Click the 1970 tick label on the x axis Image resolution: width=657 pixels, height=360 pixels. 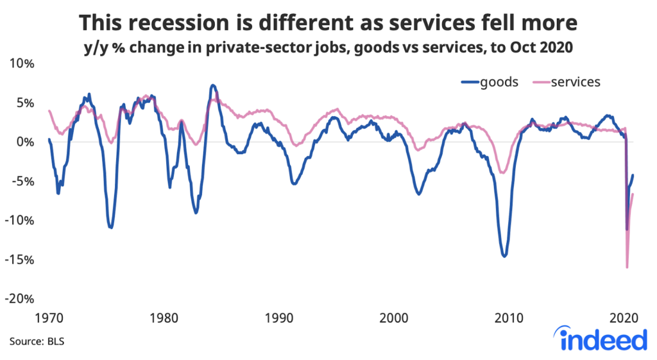point(49,318)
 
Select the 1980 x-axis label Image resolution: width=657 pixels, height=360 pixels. point(164,318)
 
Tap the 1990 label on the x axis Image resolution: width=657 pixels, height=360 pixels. point(279,318)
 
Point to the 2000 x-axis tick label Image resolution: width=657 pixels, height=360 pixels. point(394,318)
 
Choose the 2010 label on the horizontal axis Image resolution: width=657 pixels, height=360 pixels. point(509,318)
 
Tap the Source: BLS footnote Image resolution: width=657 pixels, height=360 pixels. point(37,341)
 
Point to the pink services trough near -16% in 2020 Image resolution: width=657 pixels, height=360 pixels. point(627,267)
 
